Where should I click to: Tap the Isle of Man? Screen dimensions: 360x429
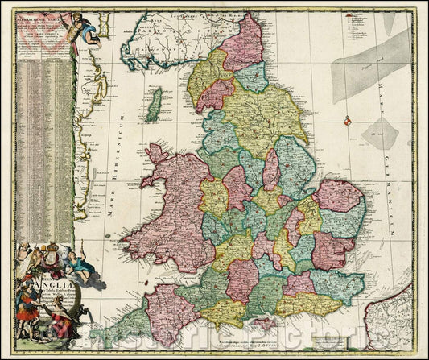pyautogui.click(x=154, y=105)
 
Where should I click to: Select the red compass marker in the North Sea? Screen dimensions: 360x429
pyautogui.click(x=347, y=121)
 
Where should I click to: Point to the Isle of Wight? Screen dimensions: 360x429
pyautogui.click(x=262, y=324)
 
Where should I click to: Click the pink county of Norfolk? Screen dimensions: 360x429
pyautogui.click(x=337, y=196)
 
